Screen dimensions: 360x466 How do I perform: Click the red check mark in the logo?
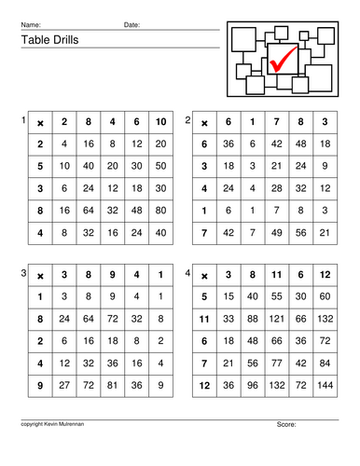tap(281, 61)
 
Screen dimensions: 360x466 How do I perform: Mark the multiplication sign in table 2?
tap(204, 123)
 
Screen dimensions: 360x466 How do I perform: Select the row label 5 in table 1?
tap(40, 167)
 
